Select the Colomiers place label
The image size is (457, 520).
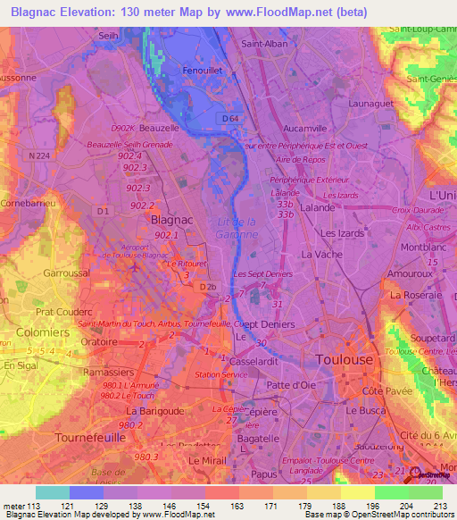pos(43,332)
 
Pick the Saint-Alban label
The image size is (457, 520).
pos(263,43)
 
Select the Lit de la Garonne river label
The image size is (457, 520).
pos(237,228)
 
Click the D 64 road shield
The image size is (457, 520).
pos(232,116)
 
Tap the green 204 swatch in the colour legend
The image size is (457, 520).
pos(391,492)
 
